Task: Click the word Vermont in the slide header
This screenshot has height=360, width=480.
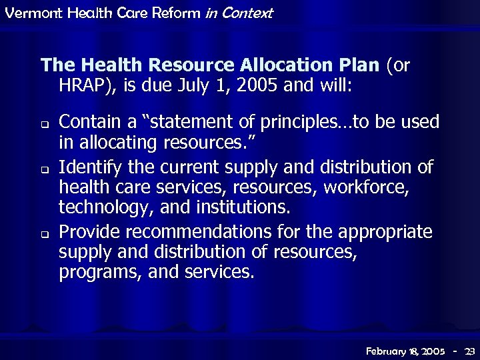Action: pyautogui.click(x=26, y=13)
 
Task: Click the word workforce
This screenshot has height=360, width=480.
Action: pyautogui.click(x=365, y=187)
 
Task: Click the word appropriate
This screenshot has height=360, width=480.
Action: pyautogui.click(x=385, y=232)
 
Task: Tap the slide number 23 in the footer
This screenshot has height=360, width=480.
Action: pyautogui.click(x=469, y=350)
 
